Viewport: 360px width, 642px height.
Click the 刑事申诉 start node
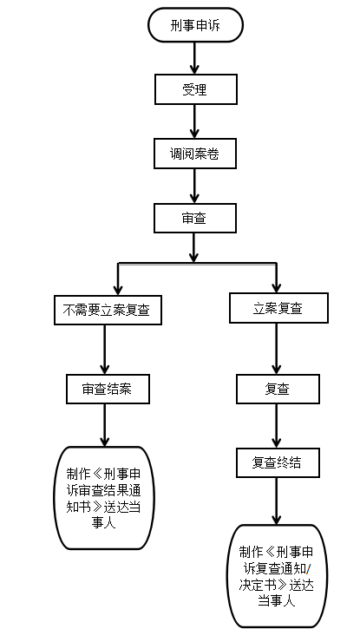click(x=195, y=25)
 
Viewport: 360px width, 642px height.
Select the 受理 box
click(x=196, y=89)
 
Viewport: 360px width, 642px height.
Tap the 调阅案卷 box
click(x=195, y=154)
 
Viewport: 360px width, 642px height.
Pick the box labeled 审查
click(x=195, y=218)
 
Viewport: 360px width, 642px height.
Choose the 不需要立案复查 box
click(x=108, y=310)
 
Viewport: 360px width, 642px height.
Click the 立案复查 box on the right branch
click(x=278, y=308)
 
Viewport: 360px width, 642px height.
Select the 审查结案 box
click(x=108, y=389)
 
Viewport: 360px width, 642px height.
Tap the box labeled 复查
click(x=278, y=389)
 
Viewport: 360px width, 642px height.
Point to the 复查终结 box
click(x=278, y=462)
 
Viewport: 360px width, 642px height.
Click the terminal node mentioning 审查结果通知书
click(x=104, y=497)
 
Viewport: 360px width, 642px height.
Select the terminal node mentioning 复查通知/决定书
click(x=278, y=576)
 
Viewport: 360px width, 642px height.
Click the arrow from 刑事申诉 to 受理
click(x=194, y=58)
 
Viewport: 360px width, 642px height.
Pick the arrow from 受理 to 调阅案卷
click(x=194, y=121)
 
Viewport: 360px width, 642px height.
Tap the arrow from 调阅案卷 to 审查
click(x=194, y=186)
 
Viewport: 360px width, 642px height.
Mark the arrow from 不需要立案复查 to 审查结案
click(x=104, y=350)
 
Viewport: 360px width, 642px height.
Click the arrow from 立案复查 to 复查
click(x=277, y=349)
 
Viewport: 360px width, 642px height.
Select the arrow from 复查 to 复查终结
click(x=277, y=425)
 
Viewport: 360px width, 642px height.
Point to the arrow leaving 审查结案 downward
click(x=104, y=425)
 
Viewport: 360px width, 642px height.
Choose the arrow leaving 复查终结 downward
click(x=277, y=501)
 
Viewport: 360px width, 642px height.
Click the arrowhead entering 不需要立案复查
click(x=118, y=291)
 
